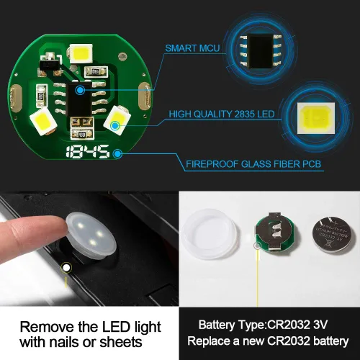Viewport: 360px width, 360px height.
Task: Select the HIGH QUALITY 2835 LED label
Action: (221, 114)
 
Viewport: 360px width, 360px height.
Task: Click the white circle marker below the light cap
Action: (66, 268)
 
